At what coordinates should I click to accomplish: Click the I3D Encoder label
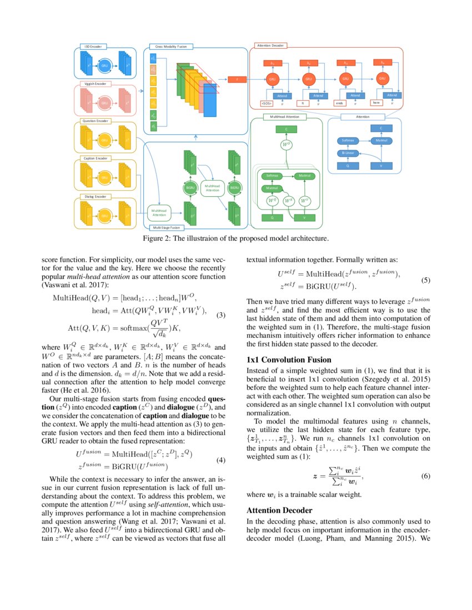pyautogui.click(x=91, y=47)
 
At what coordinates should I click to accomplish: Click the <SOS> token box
pyautogui.click(x=267, y=103)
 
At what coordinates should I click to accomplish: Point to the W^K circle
pyautogui.click(x=288, y=200)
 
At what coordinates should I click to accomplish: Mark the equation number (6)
pyautogui.click(x=426, y=477)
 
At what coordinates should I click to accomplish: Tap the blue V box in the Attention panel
pyautogui.click(x=380, y=166)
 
